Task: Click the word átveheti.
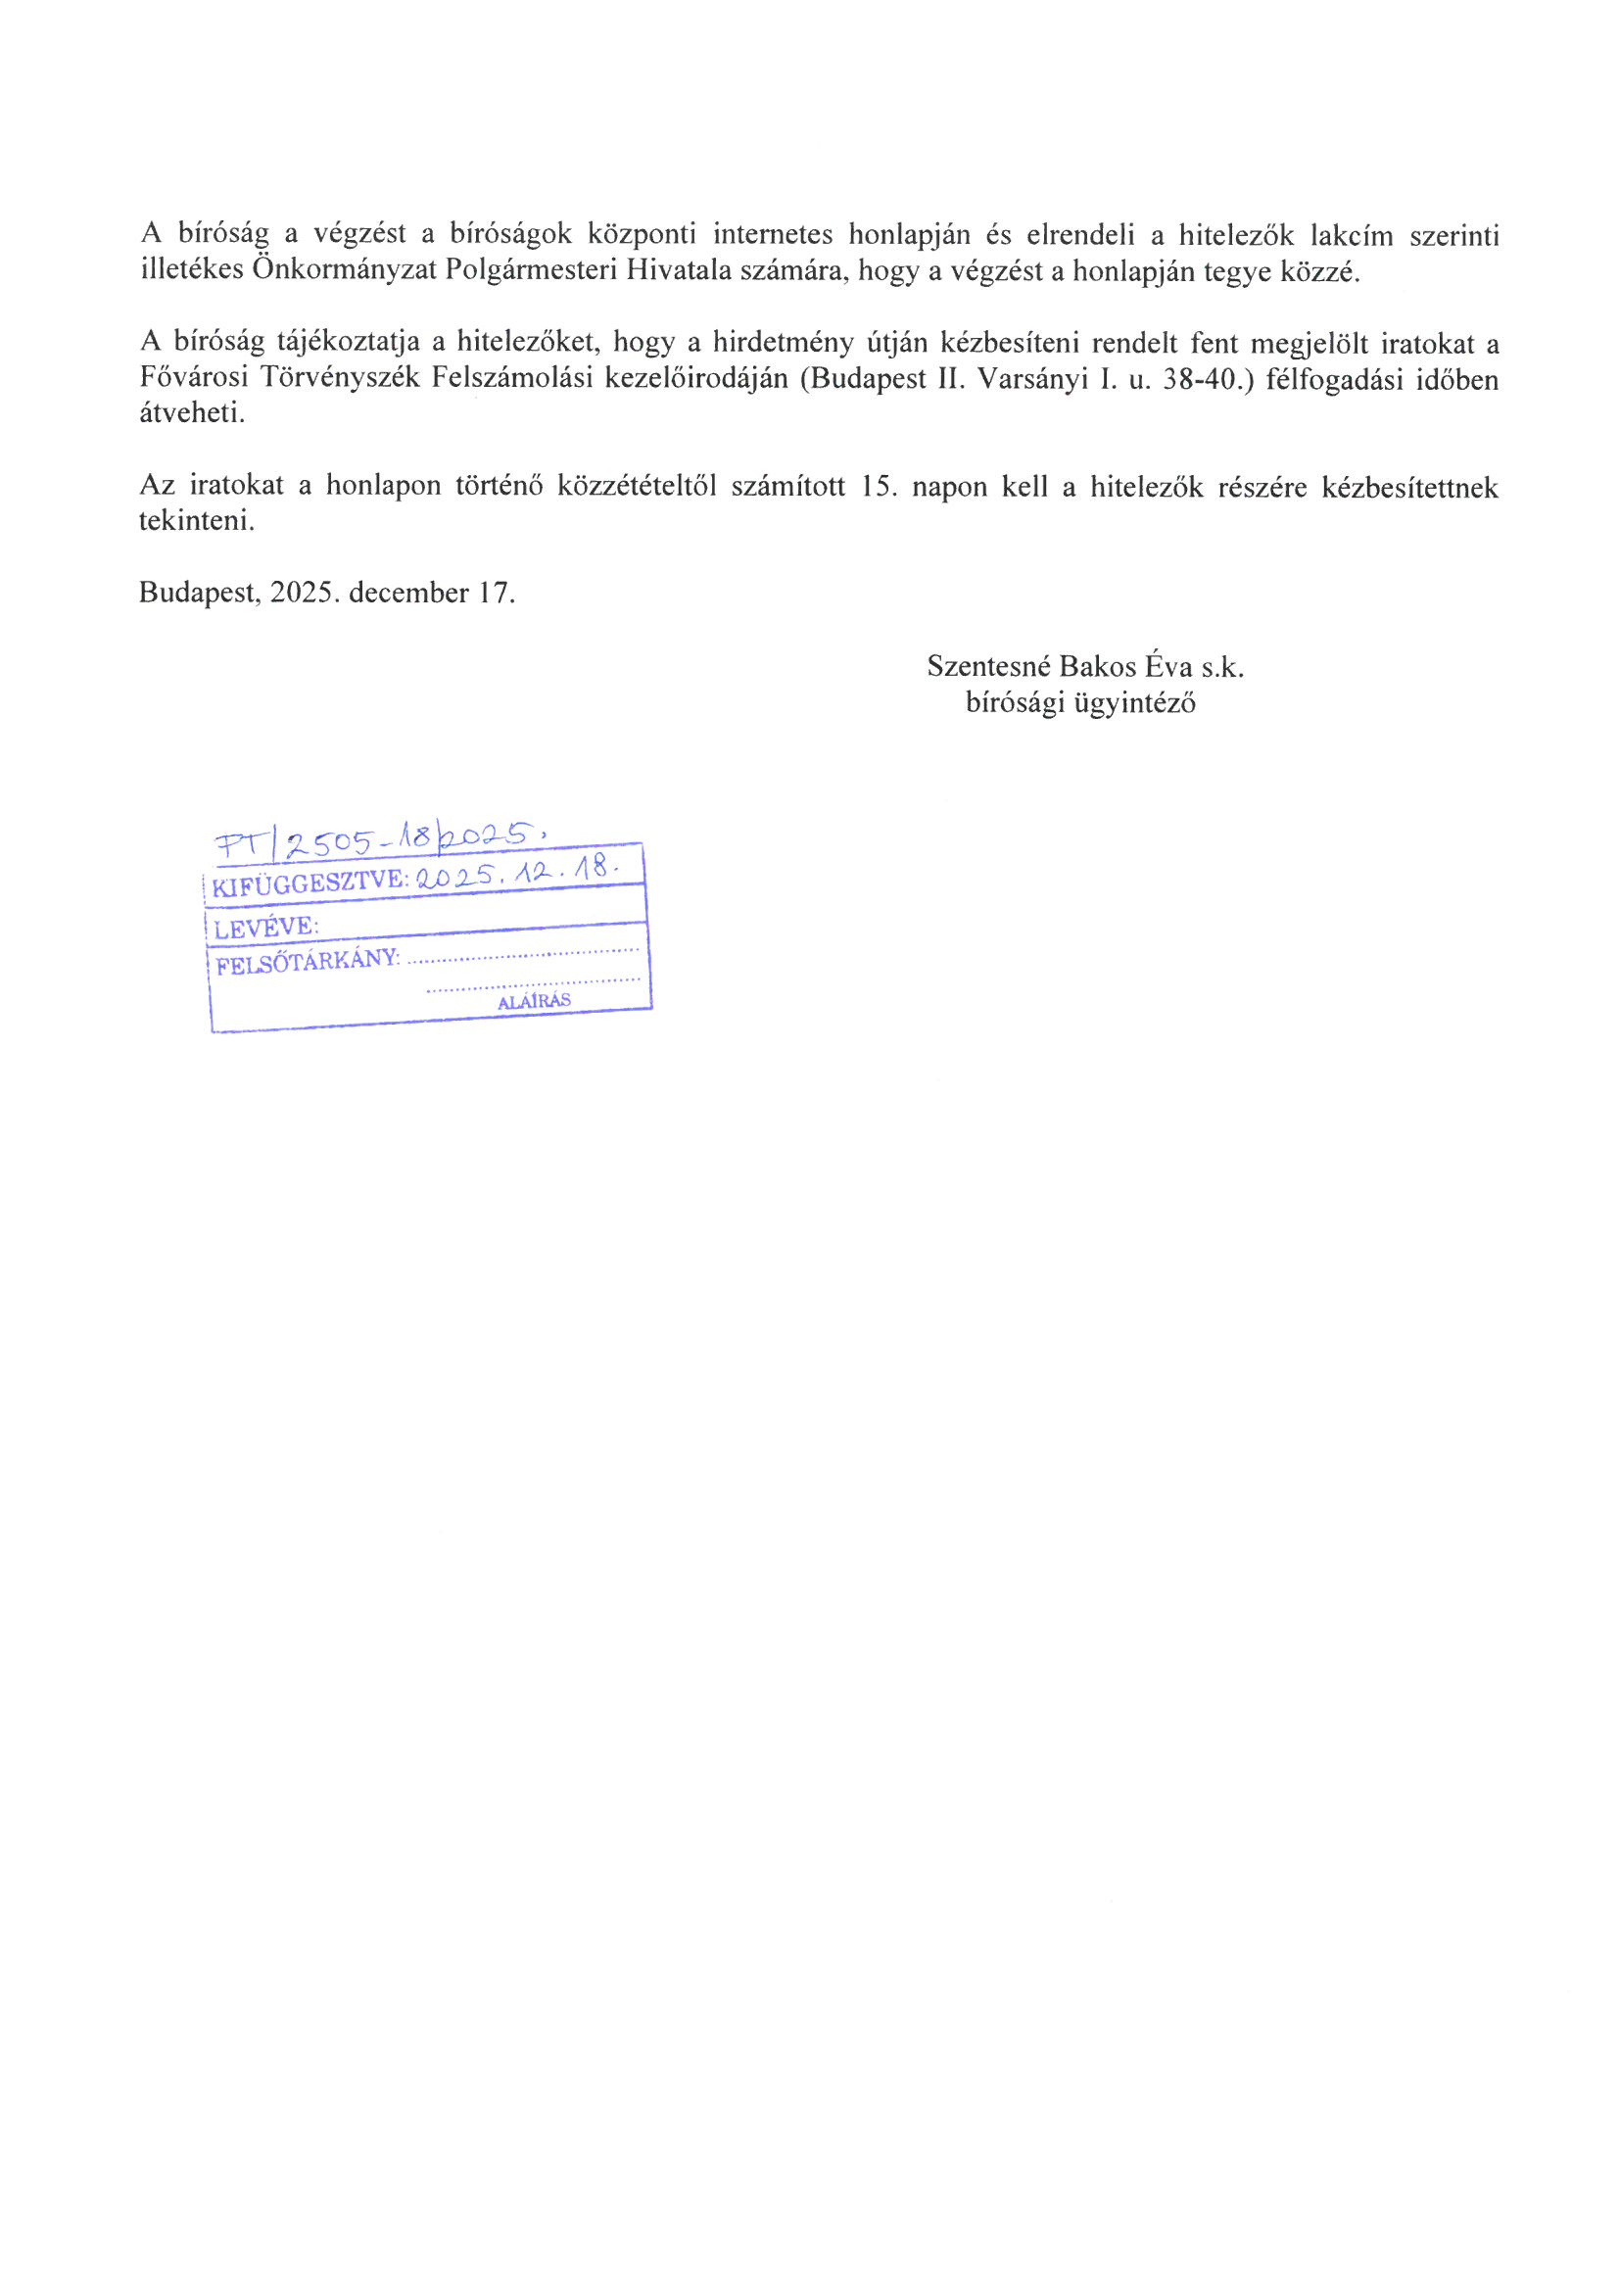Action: pos(192,413)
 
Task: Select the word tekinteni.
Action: pos(197,521)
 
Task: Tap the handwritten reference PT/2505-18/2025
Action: pos(383,842)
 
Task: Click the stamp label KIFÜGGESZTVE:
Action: pos(311,881)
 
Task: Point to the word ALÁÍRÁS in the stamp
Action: pos(534,1001)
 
